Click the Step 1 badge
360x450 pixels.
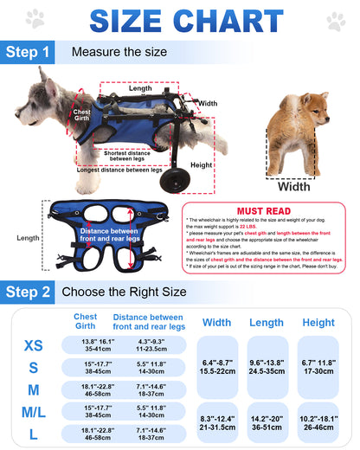tap(30, 53)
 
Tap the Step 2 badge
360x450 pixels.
tap(30, 293)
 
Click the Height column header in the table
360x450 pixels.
tap(318, 322)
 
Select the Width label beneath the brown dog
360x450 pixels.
tap(294, 185)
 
